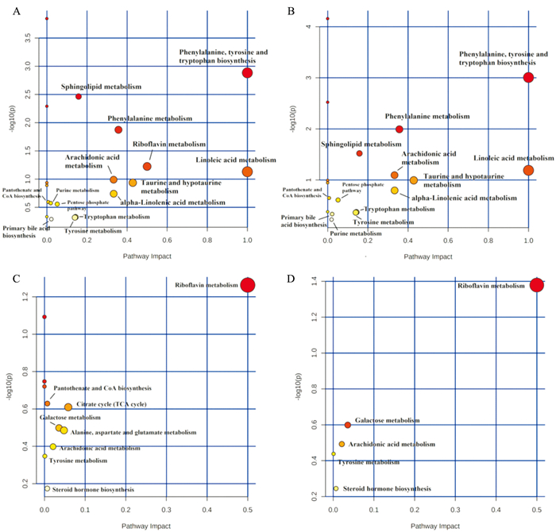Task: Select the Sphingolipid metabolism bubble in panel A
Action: pos(79,96)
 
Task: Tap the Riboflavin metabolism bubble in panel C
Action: pos(248,285)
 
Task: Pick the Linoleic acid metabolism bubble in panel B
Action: pos(528,170)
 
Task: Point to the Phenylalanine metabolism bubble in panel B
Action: pos(400,129)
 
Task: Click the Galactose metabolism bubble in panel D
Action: pos(347,426)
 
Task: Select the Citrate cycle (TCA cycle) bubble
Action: pos(68,407)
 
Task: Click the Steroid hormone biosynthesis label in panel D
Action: pos(386,489)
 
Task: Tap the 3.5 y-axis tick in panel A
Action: pos(27,38)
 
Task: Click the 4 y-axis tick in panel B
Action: pos(315,27)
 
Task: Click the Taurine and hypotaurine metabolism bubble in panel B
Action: pos(414,180)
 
